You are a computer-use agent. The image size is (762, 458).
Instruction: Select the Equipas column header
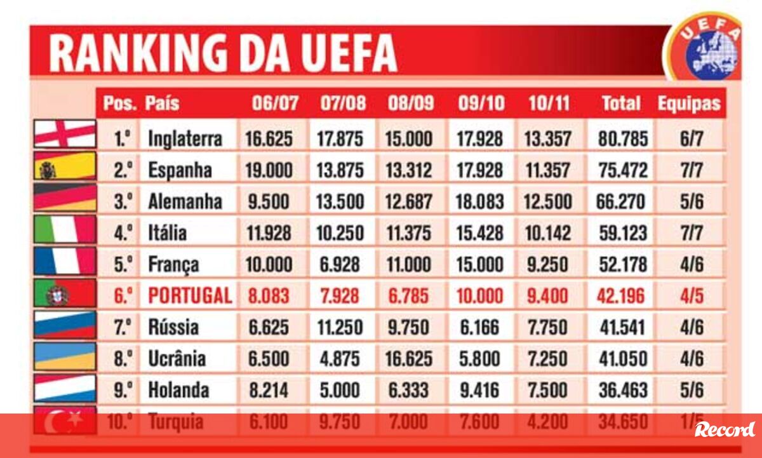pyautogui.click(x=689, y=103)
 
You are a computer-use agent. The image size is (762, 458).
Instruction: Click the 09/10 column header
pyautogui.click(x=481, y=103)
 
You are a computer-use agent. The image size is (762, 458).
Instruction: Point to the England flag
pyautogui.click(x=65, y=134)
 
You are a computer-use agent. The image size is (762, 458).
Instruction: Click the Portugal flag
pyautogui.click(x=65, y=294)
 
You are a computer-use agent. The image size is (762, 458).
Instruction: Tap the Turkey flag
pyautogui.click(x=65, y=421)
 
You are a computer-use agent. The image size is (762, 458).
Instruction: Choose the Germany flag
pyautogui.click(x=65, y=198)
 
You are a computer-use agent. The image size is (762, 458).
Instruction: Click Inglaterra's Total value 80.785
pyautogui.click(x=623, y=139)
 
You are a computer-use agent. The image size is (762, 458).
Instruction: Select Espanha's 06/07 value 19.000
pyautogui.click(x=269, y=170)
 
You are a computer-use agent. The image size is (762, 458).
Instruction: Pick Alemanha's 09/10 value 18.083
pyautogui.click(x=479, y=201)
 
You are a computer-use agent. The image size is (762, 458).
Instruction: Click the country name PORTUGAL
pyautogui.click(x=190, y=295)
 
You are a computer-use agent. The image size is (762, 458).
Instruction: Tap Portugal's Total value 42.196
pyautogui.click(x=620, y=295)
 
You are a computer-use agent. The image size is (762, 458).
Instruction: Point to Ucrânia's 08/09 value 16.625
pyautogui.click(x=409, y=359)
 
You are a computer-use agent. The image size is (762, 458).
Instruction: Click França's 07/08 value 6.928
pyautogui.click(x=340, y=264)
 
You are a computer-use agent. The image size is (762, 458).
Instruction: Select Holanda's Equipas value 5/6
pyautogui.click(x=692, y=390)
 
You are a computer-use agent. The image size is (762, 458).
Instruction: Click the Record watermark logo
pyautogui.click(x=725, y=429)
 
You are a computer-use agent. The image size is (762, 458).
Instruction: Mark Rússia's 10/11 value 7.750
pyautogui.click(x=547, y=327)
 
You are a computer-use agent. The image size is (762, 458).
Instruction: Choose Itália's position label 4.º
pyautogui.click(x=123, y=232)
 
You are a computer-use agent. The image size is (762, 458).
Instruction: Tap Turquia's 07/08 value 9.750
pyautogui.click(x=340, y=422)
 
